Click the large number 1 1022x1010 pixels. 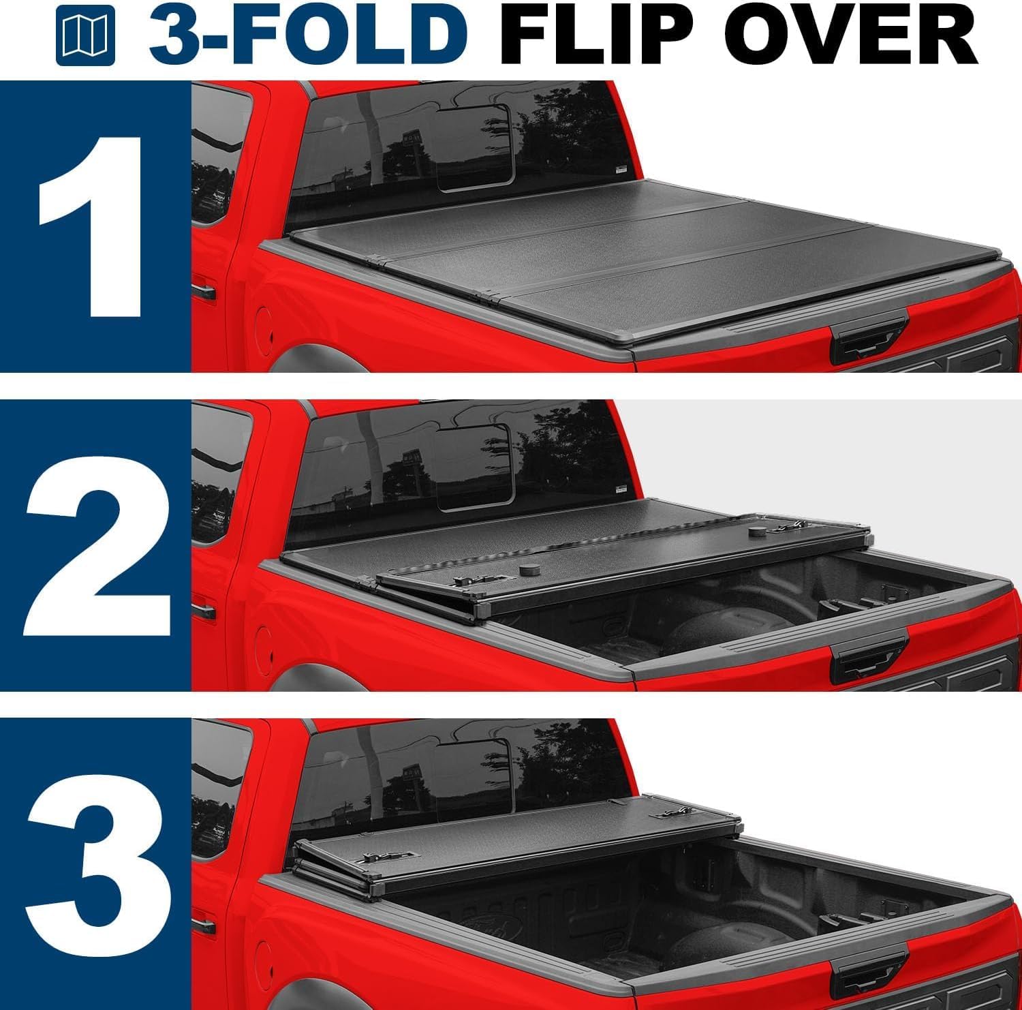[x=92, y=226]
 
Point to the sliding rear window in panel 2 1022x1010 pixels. [x=475, y=465]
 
